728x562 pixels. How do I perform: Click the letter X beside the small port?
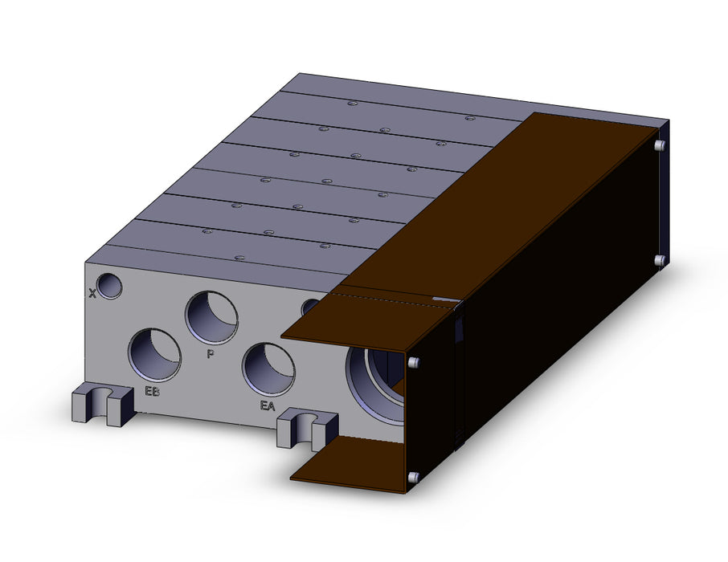[92, 293]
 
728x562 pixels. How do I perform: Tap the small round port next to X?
[109, 286]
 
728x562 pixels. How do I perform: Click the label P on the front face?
[211, 354]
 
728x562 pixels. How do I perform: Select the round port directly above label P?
[211, 318]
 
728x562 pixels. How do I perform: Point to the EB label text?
[153, 392]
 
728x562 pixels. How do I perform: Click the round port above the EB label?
[154, 355]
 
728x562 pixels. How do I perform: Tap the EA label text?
[268, 406]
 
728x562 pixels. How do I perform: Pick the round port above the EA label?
[268, 369]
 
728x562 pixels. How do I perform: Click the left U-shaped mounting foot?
[103, 405]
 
